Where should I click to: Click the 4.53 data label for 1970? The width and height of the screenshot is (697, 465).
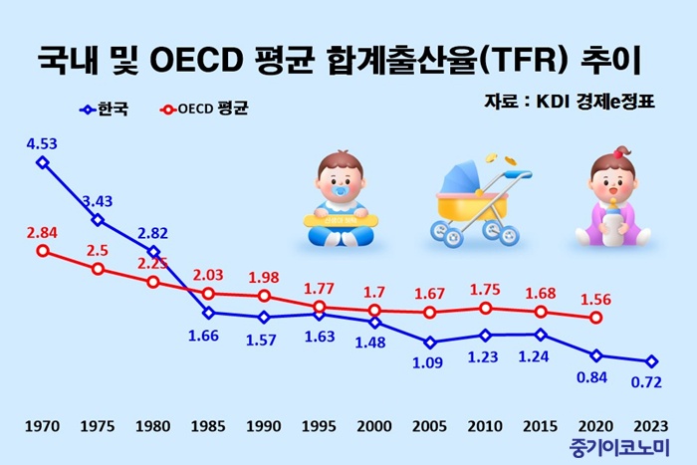point(43,143)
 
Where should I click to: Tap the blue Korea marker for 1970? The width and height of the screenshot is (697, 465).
point(42,161)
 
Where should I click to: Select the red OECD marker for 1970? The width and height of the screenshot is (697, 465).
point(42,251)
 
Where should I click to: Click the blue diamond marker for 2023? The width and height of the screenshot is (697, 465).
point(651,361)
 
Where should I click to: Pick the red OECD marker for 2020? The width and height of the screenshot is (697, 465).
point(595,318)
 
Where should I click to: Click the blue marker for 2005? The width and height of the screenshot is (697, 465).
point(430,342)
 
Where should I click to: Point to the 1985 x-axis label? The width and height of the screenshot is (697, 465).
point(208,426)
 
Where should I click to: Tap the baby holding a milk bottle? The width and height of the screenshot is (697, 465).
point(612,198)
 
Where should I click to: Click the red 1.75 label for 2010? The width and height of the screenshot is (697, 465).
point(485,290)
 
